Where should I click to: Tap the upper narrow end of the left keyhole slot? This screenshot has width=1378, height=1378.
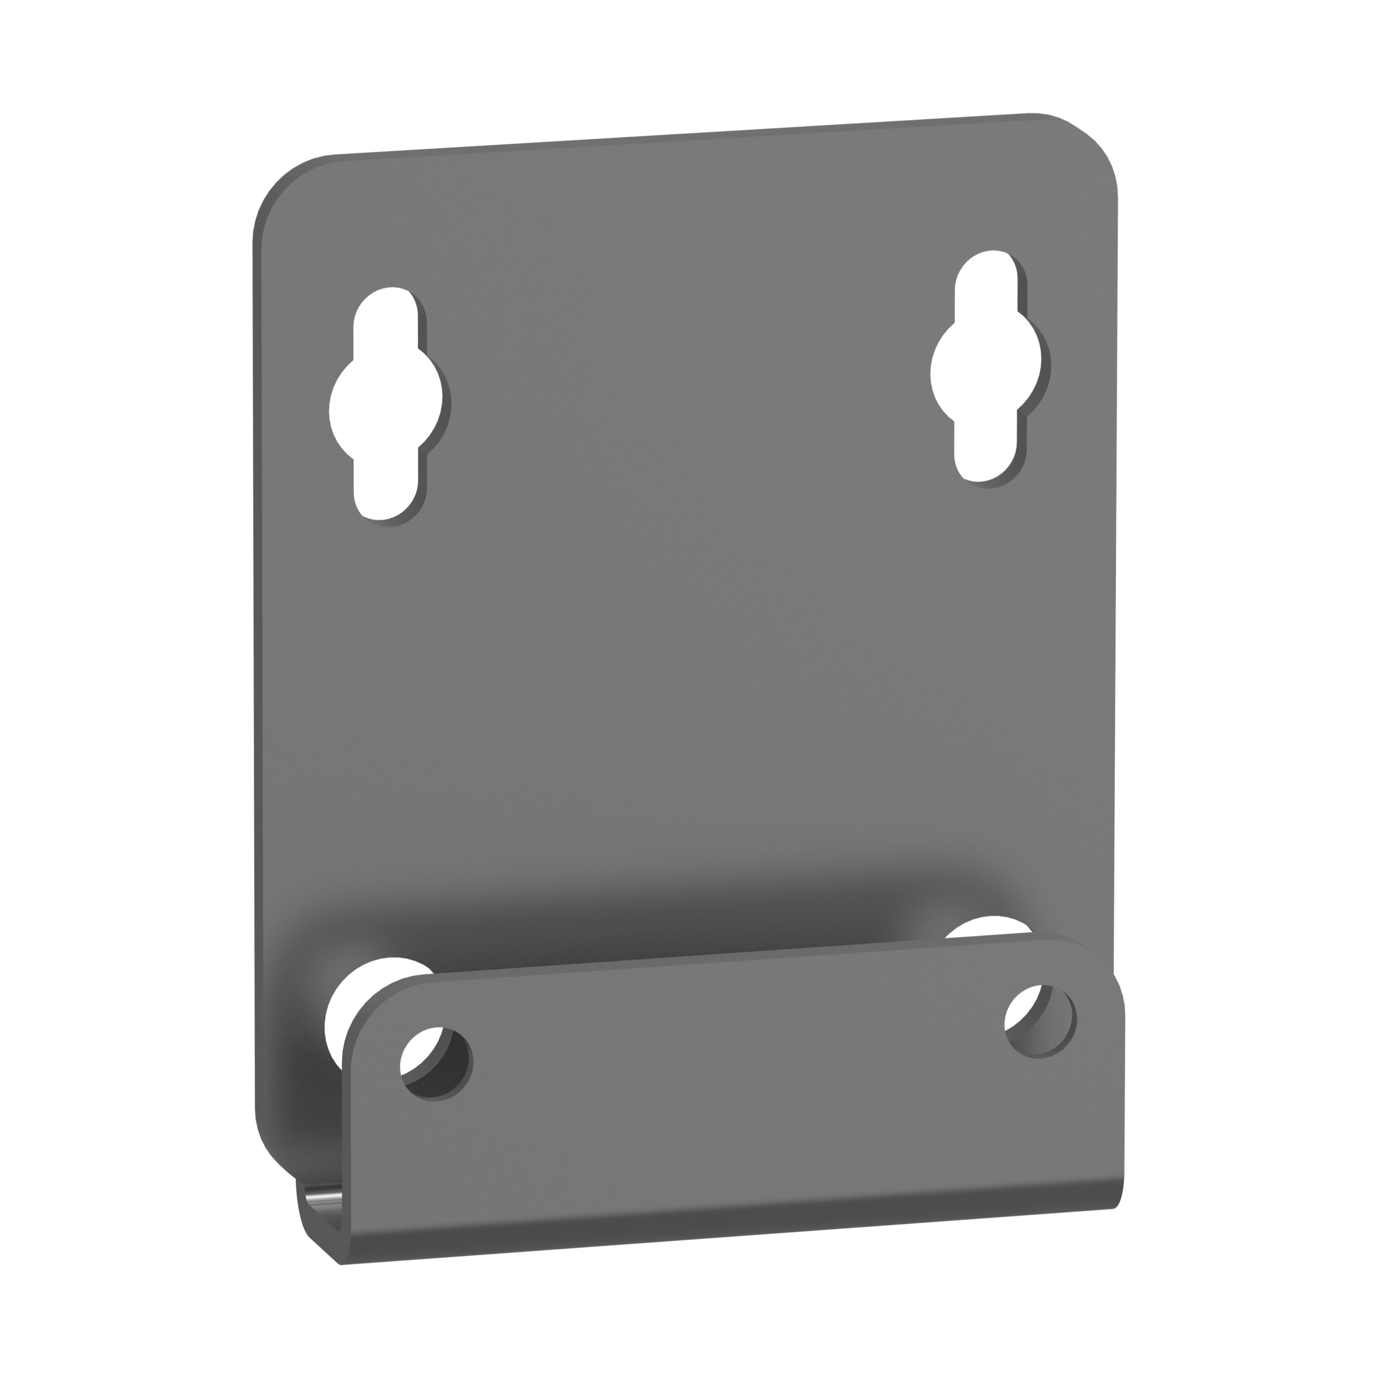coord(385,314)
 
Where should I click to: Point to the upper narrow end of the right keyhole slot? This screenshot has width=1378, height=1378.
coord(986,278)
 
